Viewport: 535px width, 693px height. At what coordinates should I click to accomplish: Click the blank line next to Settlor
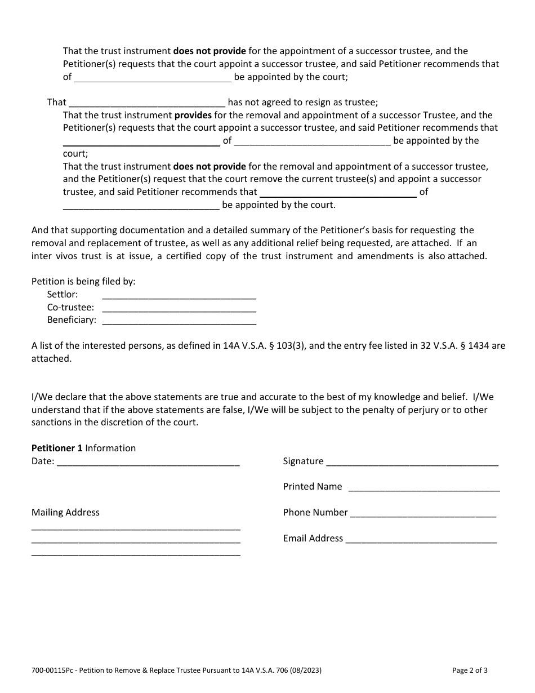pyautogui.click(x=179, y=296)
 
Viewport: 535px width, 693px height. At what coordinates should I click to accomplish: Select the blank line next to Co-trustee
pyautogui.click(x=179, y=309)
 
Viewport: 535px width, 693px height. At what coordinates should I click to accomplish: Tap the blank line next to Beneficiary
pyautogui.click(x=179, y=322)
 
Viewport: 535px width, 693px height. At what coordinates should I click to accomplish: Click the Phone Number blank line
pyautogui.click(x=423, y=514)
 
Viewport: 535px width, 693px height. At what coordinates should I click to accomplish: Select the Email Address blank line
pyautogui.click(x=421, y=540)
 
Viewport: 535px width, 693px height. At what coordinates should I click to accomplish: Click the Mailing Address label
pyautogui.click(x=65, y=512)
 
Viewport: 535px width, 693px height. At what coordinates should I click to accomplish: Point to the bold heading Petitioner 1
pyautogui.click(x=57, y=448)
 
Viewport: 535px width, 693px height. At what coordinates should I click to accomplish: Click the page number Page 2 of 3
pyautogui.click(x=470, y=670)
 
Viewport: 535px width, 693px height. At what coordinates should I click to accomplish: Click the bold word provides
pyautogui.click(x=192, y=115)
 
